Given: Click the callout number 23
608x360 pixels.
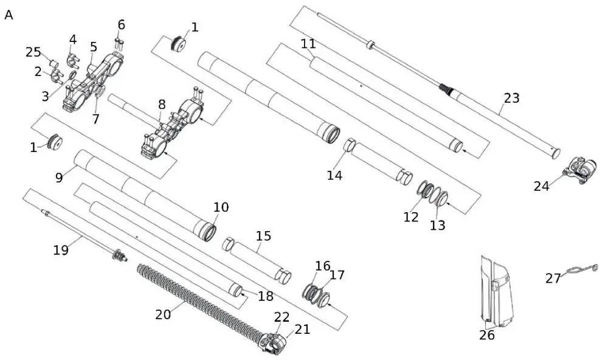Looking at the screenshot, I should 512,98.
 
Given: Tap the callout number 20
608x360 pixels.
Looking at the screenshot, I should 163,314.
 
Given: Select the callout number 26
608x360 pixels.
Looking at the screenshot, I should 486,335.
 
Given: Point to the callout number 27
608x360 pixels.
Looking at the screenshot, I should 553,279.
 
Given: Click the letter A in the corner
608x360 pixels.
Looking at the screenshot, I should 9,15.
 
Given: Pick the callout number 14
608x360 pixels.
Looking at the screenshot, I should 334,176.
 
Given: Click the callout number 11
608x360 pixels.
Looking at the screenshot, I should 308,44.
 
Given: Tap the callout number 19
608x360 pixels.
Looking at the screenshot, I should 61,249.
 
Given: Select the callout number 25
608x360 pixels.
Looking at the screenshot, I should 33,53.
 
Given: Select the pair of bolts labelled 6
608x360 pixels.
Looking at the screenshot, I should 118,43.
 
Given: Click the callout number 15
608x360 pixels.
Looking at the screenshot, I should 263,236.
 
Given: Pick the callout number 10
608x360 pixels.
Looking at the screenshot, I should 221,207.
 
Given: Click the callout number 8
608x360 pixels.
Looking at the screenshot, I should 162,105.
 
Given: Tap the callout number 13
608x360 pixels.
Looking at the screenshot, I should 437,226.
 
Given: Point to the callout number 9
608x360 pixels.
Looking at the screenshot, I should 59,178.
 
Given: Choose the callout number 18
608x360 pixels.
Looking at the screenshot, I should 266,296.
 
